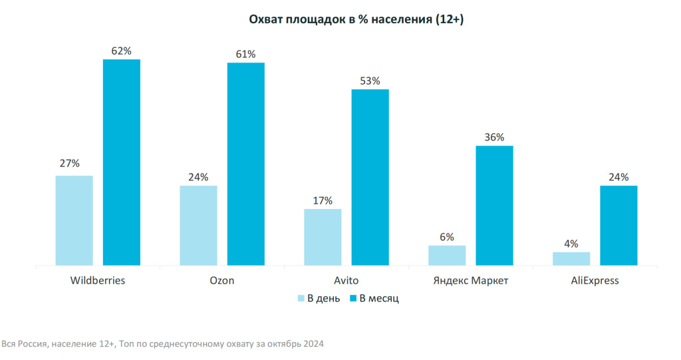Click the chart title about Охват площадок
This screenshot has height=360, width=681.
[x=356, y=20]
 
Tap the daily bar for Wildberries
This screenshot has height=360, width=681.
[x=74, y=220]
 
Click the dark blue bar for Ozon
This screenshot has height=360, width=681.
[x=245, y=164]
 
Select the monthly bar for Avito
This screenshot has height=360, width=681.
[x=370, y=177]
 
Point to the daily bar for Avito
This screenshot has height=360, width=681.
[x=323, y=237]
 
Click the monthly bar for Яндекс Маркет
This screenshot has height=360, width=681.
[x=494, y=206]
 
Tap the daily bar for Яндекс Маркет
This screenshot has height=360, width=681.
[x=447, y=256]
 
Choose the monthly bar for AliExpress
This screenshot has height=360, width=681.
[x=618, y=226]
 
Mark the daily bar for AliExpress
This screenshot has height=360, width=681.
[x=571, y=259]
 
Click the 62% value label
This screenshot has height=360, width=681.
[x=121, y=51]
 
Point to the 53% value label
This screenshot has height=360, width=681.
[x=370, y=81]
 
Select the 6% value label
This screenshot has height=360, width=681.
[x=447, y=237]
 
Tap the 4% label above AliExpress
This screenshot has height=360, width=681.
[x=571, y=244]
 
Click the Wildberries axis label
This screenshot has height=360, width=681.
[x=98, y=280]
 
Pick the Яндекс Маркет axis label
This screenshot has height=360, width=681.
[x=470, y=280]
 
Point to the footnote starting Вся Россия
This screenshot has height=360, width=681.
[x=163, y=344]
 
